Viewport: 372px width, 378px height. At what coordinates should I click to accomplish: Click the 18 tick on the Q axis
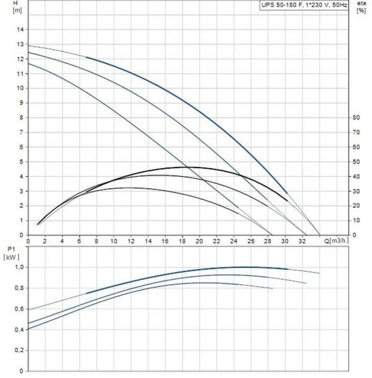[x=182, y=241]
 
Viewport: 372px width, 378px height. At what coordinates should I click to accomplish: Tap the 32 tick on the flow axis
[x=302, y=241]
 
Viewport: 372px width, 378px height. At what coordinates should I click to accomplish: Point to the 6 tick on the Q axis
[x=79, y=241]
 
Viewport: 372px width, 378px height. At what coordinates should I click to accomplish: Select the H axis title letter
[x=15, y=3]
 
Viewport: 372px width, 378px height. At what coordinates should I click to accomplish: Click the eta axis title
[x=362, y=3]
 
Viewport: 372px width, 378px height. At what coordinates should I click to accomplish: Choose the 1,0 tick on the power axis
[x=19, y=267]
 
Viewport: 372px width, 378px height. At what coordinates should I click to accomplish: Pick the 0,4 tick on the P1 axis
[x=19, y=330]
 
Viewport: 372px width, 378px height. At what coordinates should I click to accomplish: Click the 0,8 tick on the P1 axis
[x=19, y=288]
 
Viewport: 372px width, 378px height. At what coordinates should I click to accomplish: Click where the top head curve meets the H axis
[x=29, y=46]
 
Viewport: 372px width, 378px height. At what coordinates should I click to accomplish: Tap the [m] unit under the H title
[x=17, y=10]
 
